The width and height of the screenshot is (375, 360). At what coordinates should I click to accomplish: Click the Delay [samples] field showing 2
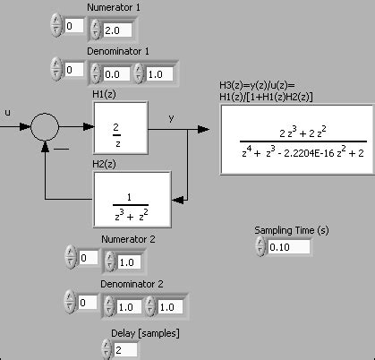click(x=125, y=348)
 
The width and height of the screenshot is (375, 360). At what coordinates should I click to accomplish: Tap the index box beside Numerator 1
click(x=74, y=29)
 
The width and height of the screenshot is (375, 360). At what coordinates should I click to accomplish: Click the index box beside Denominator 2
click(x=87, y=304)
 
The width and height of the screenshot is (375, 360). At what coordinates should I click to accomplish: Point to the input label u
click(x=8, y=112)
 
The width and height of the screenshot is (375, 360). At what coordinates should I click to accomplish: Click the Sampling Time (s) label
click(x=292, y=230)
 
